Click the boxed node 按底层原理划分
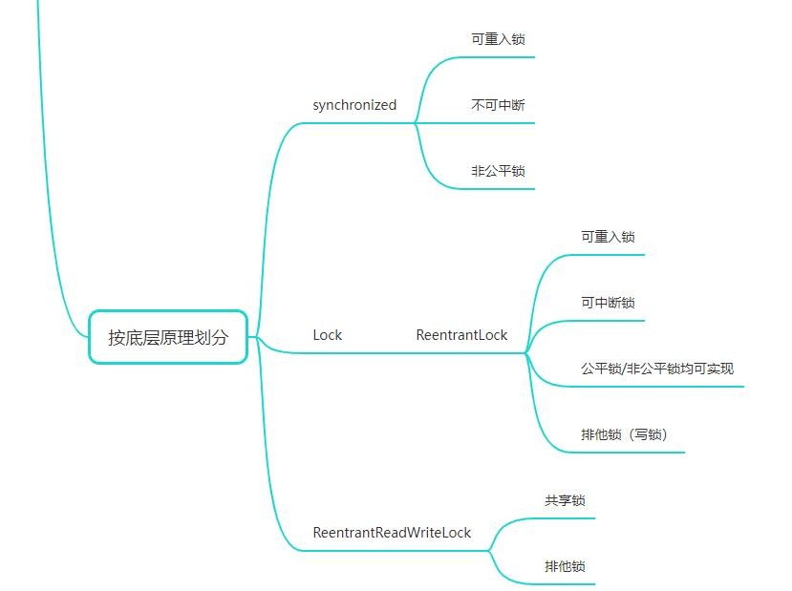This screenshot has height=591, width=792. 168,336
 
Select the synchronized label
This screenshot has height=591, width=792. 354,105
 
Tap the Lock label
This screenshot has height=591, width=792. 327,335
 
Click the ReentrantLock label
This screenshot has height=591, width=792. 461,335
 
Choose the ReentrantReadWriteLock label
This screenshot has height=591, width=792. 392,533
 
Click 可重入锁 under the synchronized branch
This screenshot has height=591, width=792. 498,39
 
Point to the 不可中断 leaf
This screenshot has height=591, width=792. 498,105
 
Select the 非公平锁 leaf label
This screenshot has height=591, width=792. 498,171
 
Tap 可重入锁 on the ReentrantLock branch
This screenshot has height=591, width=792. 608,237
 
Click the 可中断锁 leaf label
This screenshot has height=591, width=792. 608,303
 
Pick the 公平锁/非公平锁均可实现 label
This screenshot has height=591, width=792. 657,369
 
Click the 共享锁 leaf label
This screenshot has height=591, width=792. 565,500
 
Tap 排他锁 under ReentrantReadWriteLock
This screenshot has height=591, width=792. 565,566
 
